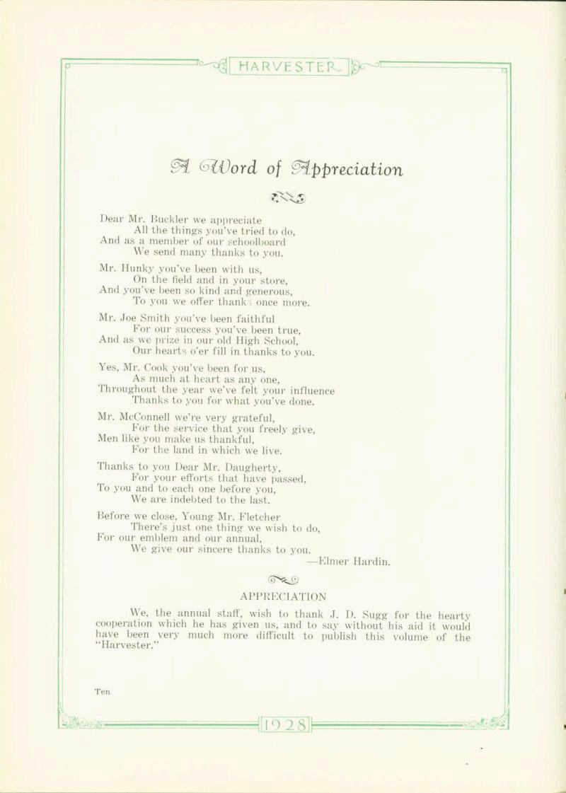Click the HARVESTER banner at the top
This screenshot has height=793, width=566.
point(290,67)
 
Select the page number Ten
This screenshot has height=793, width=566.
point(102,692)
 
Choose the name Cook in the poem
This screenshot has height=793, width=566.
point(165,368)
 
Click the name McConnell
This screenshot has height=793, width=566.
point(151,417)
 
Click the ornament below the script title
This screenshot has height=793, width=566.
point(287,197)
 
